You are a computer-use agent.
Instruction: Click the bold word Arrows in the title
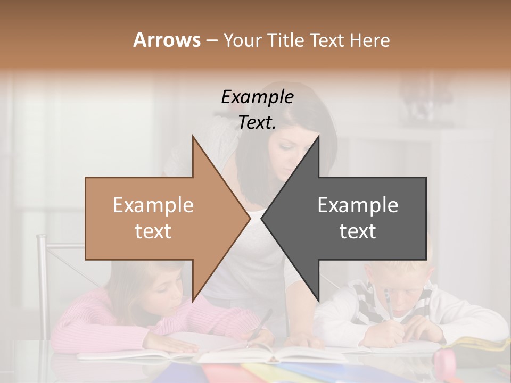[x=167, y=40]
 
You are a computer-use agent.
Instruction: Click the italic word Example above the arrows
[x=257, y=97]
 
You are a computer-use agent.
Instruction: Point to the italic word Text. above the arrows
[x=257, y=122]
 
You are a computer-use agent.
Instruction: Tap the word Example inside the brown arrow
[x=153, y=205]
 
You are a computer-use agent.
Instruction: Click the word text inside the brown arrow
[x=153, y=231]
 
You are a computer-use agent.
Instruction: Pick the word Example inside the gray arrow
[x=358, y=205]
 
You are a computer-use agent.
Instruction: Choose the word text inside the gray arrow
[x=358, y=231]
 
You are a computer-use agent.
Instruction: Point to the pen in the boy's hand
[x=388, y=306]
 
